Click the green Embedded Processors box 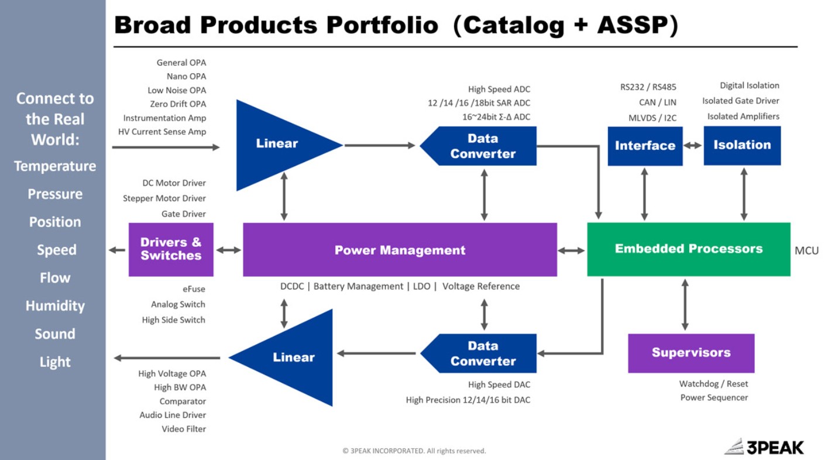click(x=689, y=249)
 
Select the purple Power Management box click(x=400, y=249)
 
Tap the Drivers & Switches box click(x=171, y=249)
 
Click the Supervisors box click(x=691, y=353)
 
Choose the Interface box click(x=645, y=146)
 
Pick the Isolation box click(x=742, y=145)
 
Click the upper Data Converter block click(x=478, y=146)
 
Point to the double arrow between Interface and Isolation click(x=693, y=146)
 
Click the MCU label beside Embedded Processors click(x=806, y=250)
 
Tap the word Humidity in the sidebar click(x=55, y=306)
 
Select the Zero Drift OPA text click(x=178, y=104)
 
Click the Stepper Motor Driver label click(x=164, y=198)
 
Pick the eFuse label click(x=194, y=289)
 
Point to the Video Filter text click(x=184, y=429)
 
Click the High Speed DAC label click(x=499, y=385)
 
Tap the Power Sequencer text click(x=714, y=397)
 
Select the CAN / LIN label click(x=658, y=102)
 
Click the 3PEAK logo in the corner click(x=764, y=447)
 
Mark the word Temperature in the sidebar click(x=55, y=166)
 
